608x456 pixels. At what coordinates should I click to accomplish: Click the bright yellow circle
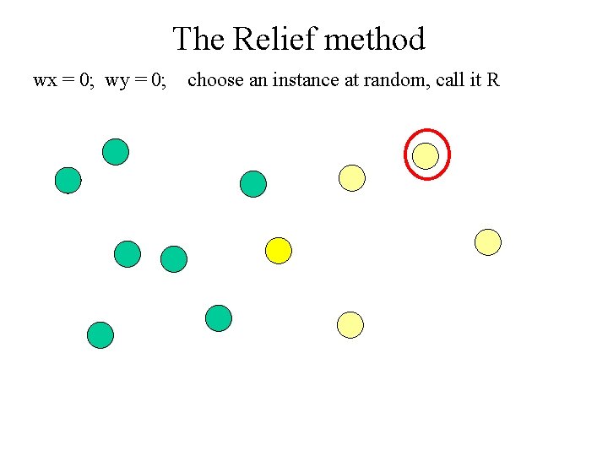pos(278,251)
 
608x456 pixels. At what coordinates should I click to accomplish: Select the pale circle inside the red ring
pos(426,155)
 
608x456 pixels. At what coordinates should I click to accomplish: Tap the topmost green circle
pos(116,152)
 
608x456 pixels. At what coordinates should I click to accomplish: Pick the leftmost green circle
pos(68,180)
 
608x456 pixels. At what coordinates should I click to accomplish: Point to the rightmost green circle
pos(252,183)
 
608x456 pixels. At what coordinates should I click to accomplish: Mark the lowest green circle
pos(100,335)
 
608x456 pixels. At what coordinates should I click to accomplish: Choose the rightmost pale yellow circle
pos(488,242)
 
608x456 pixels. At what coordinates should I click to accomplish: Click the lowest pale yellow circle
pos(350,324)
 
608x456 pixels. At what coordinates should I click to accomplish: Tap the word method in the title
pos(375,39)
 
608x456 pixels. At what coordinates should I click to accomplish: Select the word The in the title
pos(199,39)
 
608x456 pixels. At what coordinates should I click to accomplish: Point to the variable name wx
pos(44,81)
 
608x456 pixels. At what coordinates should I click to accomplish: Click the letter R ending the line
pos(493,81)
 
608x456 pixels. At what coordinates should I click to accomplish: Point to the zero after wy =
pos(158,81)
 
